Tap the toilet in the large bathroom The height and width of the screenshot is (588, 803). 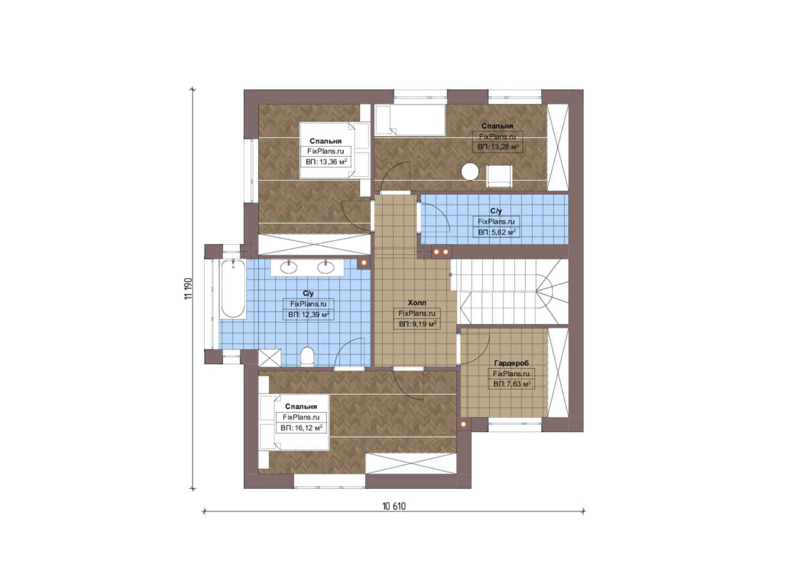307,356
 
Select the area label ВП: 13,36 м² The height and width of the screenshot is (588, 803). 326,162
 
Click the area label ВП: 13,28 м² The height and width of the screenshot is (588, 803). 498,147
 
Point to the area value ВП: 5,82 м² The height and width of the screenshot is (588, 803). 497,232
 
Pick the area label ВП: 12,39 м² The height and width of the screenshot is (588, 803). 309,315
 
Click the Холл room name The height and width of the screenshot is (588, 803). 417,303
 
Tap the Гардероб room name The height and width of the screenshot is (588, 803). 511,363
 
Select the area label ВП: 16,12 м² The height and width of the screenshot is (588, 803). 301,428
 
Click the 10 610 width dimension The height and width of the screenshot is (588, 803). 394,506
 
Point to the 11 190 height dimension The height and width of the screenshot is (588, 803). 189,288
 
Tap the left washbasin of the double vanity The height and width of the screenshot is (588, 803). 289,267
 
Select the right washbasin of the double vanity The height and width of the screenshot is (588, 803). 325,267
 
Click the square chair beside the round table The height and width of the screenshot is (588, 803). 498,176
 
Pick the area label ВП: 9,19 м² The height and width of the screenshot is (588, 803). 417,324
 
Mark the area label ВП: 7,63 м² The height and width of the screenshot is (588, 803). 512,384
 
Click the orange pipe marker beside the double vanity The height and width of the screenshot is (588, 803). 364,262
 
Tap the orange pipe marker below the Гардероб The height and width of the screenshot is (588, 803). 463,424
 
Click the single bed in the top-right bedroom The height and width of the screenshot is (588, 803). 410,120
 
